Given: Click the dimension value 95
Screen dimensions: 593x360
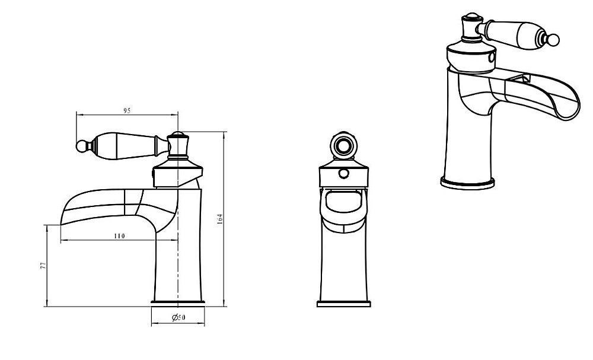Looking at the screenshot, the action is tap(127, 111).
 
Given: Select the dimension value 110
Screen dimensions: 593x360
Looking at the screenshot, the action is tap(119, 236).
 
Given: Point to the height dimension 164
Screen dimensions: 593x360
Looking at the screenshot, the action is tap(220, 219).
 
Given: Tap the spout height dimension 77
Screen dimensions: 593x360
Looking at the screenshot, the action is tap(43, 266).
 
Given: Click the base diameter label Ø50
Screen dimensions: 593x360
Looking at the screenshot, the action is tap(179, 317).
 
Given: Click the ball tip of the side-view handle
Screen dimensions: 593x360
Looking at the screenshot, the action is tap(82, 146).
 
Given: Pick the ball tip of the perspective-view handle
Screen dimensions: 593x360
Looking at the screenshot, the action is tap(554, 39).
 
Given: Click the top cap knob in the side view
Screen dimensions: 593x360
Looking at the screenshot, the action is tap(178, 144).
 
